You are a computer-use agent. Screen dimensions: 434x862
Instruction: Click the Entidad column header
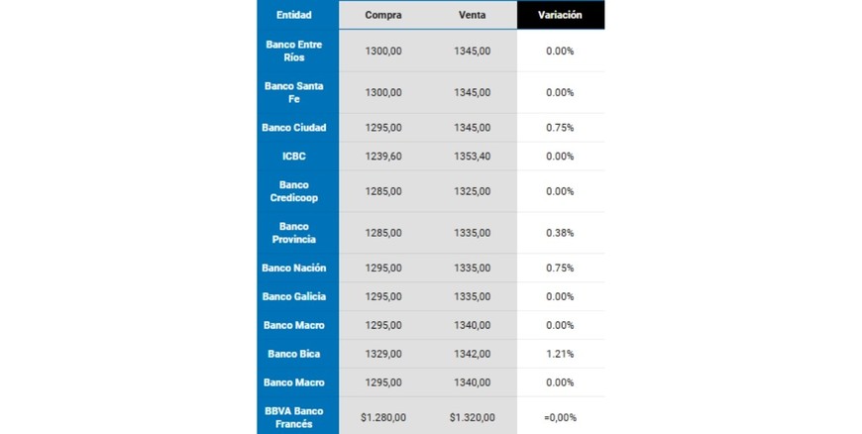294,15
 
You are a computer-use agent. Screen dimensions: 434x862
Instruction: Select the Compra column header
382,15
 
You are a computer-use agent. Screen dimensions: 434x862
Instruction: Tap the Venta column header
472,15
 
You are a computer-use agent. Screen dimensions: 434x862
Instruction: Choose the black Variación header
560,15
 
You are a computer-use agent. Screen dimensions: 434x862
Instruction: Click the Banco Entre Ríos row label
294,51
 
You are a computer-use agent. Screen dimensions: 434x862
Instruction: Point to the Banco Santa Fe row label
294,92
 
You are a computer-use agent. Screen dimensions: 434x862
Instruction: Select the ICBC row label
294,157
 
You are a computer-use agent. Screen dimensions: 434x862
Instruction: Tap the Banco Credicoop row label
294,191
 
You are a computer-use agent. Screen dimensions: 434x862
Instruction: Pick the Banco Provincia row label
294,233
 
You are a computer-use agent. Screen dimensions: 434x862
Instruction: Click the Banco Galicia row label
294,296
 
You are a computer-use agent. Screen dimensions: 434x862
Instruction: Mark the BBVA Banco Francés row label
294,417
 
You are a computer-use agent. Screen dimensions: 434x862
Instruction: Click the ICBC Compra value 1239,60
382,157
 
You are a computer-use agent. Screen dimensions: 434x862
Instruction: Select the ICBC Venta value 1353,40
472,157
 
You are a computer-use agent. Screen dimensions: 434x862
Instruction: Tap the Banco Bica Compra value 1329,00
382,354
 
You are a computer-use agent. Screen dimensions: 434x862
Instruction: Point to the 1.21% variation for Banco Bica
560,354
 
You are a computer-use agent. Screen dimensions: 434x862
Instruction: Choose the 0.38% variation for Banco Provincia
560,233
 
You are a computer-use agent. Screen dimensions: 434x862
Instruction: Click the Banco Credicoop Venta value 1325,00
472,191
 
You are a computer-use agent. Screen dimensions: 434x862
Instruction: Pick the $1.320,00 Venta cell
472,417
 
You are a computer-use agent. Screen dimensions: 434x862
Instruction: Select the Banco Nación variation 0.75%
560,268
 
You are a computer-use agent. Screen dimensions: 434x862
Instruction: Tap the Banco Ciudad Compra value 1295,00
382,128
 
